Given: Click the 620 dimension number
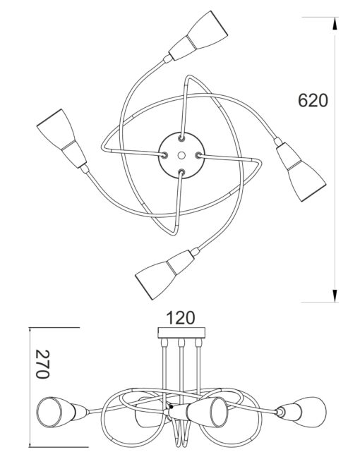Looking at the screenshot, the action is click(x=313, y=101).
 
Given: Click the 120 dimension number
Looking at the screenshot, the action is click(x=181, y=318).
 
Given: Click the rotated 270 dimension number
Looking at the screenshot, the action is click(x=42, y=364).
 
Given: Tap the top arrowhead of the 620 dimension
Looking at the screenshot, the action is click(x=335, y=23).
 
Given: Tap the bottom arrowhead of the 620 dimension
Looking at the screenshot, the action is click(x=335, y=296).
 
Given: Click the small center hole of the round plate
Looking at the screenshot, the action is click(x=182, y=155).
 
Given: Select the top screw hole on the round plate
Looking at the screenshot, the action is click(x=181, y=138).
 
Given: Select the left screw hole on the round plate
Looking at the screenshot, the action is click(x=164, y=154).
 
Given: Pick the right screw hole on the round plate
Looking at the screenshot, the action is click(x=198, y=155).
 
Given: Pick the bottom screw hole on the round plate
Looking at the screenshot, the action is click(x=181, y=172).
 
